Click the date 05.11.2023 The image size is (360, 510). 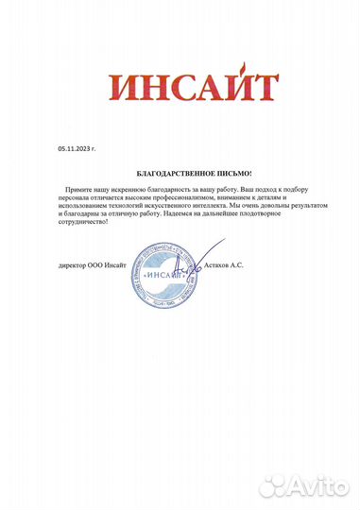click(75, 149)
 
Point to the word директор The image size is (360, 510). click(73, 266)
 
